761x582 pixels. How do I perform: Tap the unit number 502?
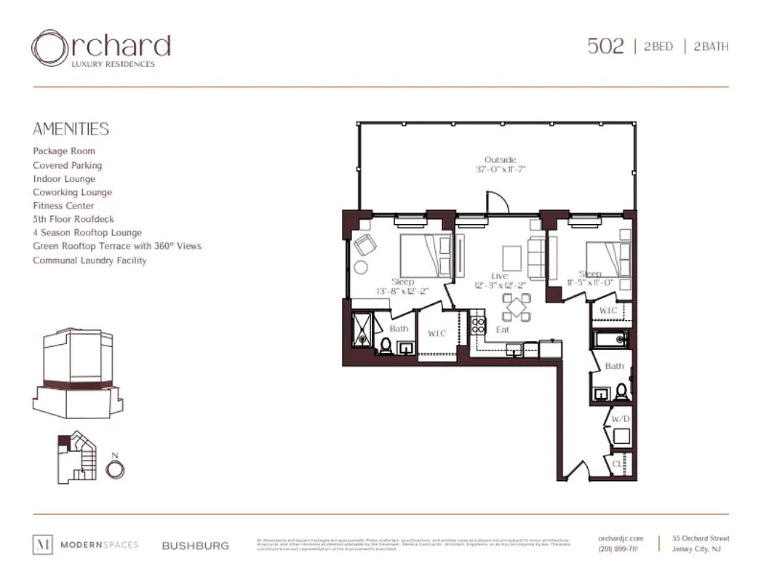[605, 47]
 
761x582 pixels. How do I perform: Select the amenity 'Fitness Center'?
[63, 206]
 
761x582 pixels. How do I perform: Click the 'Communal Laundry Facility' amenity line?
[89, 260]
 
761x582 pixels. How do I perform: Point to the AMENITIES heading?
[71, 129]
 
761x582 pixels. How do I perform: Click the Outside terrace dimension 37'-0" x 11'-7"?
[500, 169]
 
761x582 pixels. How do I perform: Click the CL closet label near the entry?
[617, 463]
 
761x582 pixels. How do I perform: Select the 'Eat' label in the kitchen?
[502, 330]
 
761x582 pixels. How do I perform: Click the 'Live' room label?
[499, 276]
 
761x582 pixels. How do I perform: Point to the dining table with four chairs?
[516, 306]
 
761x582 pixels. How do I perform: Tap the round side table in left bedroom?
[360, 267]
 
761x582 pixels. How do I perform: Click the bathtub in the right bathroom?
[610, 338]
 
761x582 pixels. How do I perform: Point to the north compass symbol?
[114, 469]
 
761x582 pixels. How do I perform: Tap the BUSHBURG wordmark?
[195, 546]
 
